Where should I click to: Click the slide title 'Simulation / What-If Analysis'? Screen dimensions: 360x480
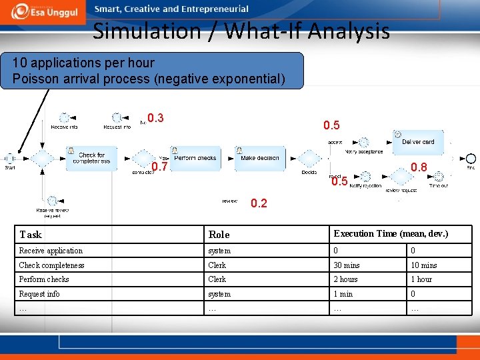241,31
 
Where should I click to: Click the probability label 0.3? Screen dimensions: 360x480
155,119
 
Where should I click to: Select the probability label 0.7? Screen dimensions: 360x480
159,167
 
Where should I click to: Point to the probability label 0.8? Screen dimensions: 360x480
419,167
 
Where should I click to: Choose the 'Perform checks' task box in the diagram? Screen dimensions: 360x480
195,159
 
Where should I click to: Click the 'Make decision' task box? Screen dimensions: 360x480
259,159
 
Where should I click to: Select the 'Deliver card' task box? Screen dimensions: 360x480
418,142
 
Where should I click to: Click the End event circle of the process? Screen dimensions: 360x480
471,159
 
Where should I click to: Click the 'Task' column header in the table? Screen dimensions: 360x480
31,235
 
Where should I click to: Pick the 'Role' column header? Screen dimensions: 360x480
219,235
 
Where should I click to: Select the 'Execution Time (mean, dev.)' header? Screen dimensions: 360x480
391,234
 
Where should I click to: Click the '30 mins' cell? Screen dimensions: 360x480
347,265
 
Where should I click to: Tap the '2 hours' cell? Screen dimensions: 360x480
346,279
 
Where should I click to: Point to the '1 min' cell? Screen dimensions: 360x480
343,294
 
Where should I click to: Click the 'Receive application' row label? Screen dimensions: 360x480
51,251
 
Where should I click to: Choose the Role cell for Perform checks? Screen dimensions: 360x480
217,279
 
